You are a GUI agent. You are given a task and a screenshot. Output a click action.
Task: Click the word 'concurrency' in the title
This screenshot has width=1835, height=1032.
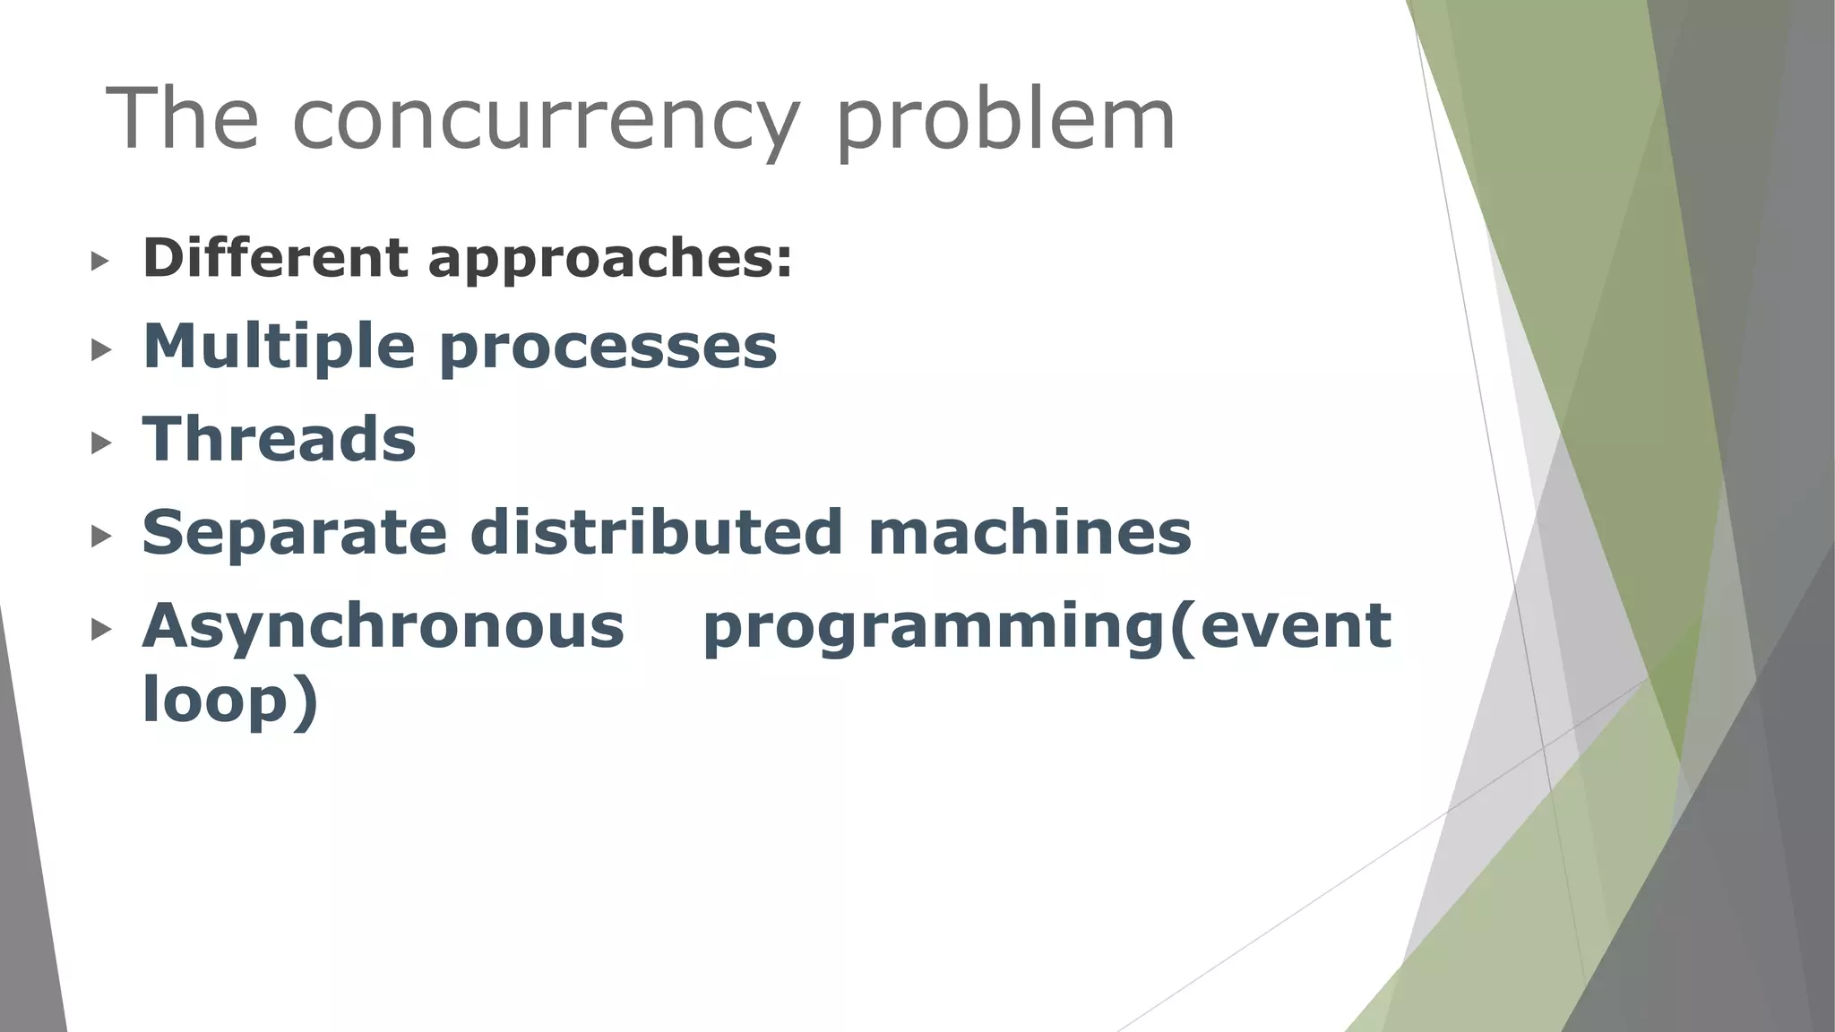[x=545, y=121]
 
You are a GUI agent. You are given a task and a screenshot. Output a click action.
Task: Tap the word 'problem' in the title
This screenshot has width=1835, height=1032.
[x=1005, y=121]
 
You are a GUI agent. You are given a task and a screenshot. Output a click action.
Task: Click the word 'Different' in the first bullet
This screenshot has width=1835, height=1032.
[x=275, y=258]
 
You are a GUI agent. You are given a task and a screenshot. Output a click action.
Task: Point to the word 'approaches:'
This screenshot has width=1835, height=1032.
[x=610, y=260]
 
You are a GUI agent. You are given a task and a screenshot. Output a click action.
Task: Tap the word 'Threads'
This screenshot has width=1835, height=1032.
[x=280, y=439]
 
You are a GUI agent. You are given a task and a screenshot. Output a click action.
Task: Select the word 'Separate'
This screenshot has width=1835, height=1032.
[x=294, y=533]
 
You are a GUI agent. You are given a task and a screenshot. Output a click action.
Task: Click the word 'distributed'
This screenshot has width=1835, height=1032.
[x=657, y=532]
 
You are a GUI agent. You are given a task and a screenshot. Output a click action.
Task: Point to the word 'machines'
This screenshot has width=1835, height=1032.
[x=1029, y=532]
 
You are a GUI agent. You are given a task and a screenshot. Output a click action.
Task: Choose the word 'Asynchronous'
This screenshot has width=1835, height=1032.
[x=383, y=626]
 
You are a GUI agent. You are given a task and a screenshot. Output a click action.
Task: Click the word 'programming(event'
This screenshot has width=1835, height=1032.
[x=1047, y=627]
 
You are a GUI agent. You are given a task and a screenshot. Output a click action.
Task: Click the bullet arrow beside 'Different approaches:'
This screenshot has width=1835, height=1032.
[x=100, y=262]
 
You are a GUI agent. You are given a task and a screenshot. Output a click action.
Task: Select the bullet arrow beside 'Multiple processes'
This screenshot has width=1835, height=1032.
[x=100, y=349]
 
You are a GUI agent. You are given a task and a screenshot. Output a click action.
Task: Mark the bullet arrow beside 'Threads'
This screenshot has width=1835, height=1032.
[x=100, y=442]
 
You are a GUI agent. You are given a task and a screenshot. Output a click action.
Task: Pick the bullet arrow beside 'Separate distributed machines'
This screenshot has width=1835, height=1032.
[x=100, y=536]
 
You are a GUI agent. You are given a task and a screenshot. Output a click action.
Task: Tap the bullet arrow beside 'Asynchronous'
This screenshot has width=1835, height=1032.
[x=100, y=630]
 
